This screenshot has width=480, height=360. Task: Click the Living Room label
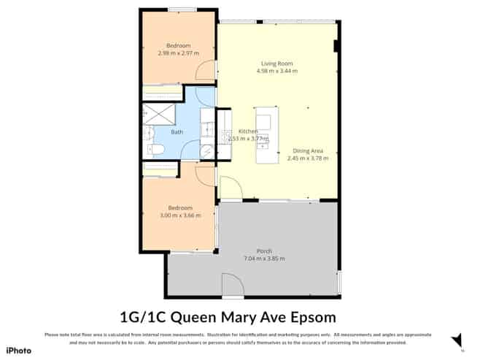277,64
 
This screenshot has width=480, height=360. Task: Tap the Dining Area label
307,150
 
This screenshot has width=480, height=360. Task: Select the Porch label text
264,250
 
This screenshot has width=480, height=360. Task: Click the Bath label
177,132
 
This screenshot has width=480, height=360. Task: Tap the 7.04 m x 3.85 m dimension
264,258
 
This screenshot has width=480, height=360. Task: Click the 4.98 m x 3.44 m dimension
277,72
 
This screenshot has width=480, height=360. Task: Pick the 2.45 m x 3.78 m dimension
307,158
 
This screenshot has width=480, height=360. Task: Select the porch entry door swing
232,286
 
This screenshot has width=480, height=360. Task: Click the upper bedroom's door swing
208,70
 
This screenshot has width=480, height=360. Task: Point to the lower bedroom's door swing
205,175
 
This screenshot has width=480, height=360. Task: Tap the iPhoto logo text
20,350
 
